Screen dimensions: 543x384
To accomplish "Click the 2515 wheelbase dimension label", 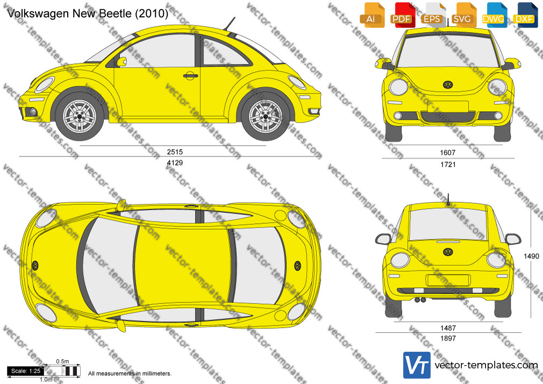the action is (175, 152).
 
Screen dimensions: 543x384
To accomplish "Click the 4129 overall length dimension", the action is (175, 162).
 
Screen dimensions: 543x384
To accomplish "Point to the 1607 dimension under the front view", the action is (448, 153).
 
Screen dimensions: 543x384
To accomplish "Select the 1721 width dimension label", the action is (448, 164).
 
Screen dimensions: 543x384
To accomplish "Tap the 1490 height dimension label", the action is (531, 256).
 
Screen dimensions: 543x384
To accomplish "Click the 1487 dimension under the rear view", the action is (448, 328).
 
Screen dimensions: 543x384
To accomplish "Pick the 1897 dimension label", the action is (448, 338).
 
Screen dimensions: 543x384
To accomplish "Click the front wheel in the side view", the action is (80, 116).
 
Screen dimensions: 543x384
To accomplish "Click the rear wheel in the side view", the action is (266, 116).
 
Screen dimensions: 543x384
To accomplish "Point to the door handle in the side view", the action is (190, 75).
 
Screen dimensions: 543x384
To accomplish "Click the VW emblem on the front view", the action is (448, 85).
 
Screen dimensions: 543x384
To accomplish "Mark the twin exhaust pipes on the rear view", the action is (420, 300).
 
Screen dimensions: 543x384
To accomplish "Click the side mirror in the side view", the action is (122, 62).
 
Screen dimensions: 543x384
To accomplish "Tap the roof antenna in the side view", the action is (229, 24).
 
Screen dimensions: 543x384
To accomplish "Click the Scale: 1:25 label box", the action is (26, 371).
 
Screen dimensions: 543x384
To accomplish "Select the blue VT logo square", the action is (417, 365).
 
